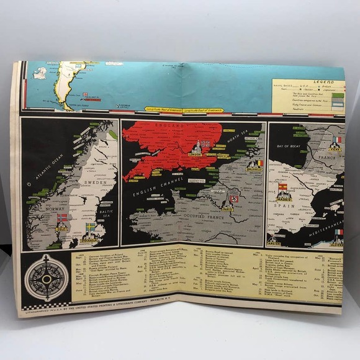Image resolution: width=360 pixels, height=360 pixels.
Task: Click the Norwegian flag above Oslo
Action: (x=62, y=218)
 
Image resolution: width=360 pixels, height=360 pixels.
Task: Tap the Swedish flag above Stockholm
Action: (x=90, y=227)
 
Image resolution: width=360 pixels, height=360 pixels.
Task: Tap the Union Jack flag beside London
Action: (x=204, y=145)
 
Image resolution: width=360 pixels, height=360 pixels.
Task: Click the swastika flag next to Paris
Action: (x=234, y=199)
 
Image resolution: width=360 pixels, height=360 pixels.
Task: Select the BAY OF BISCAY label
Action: (x=287, y=145)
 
